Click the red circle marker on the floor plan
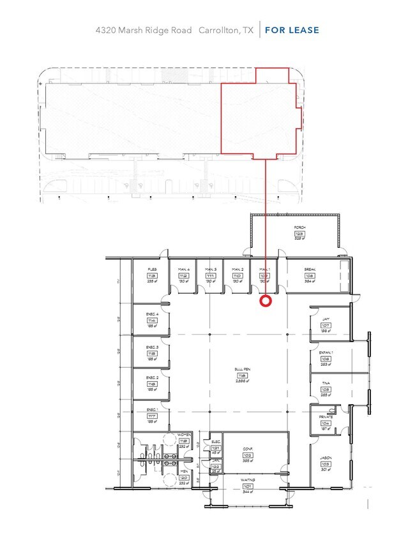266,300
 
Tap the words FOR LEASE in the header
292,30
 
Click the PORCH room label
299,228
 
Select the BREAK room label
310,270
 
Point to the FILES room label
152,270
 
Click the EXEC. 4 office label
152,314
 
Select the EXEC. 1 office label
152,409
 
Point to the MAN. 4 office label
184,270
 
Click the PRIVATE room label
325,416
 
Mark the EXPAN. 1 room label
326,352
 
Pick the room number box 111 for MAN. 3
210,275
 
